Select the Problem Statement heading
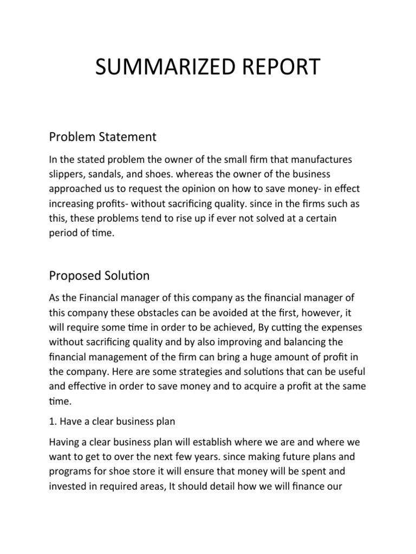point(102,137)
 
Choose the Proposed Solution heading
point(99,275)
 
